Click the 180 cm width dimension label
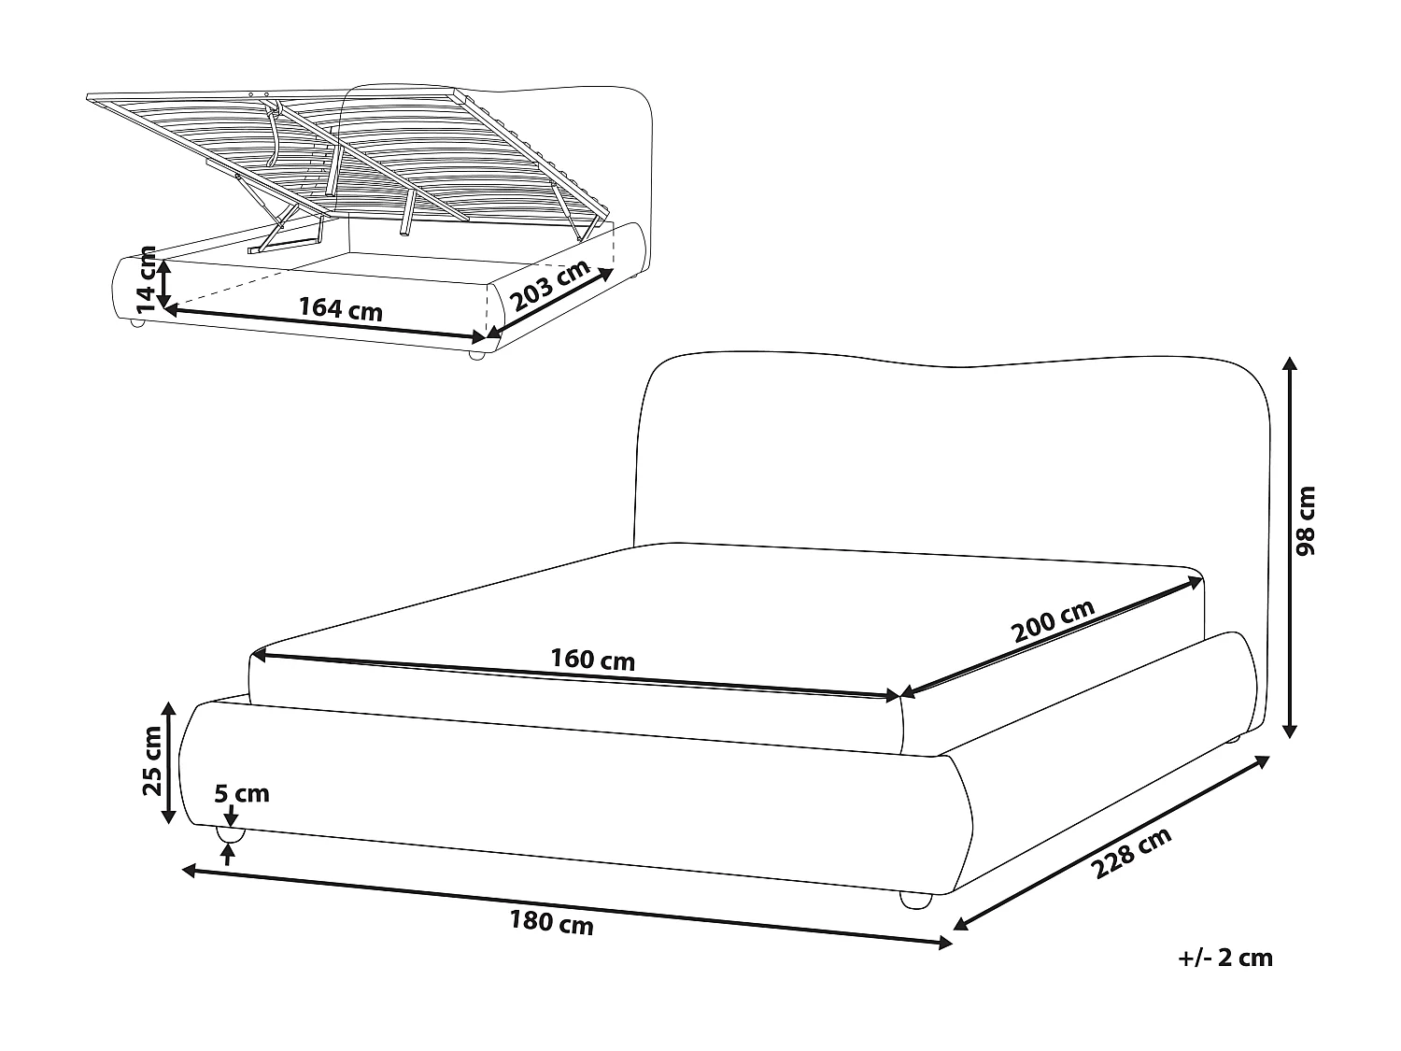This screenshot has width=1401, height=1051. click(551, 924)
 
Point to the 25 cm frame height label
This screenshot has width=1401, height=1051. click(151, 760)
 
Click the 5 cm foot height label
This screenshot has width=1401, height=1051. click(241, 794)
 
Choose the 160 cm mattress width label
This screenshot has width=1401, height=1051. click(592, 660)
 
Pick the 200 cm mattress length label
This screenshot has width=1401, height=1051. click(1052, 621)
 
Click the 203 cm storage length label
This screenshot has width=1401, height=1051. click(551, 285)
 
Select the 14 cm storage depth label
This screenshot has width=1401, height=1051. click(145, 277)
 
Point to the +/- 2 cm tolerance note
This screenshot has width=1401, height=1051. click(1224, 958)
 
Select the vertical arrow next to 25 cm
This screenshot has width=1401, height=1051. click(169, 762)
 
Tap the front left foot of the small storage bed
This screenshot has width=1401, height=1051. click(136, 322)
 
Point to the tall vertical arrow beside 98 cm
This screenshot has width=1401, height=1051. click(1290, 547)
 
